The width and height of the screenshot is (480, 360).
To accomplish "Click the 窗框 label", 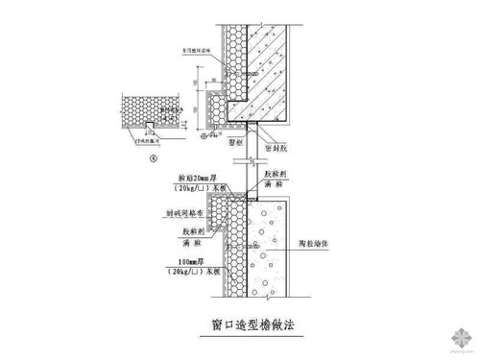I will [237, 139].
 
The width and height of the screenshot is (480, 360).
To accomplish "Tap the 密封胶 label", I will [279, 139].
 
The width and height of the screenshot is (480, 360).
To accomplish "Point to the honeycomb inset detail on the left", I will [144, 110].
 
